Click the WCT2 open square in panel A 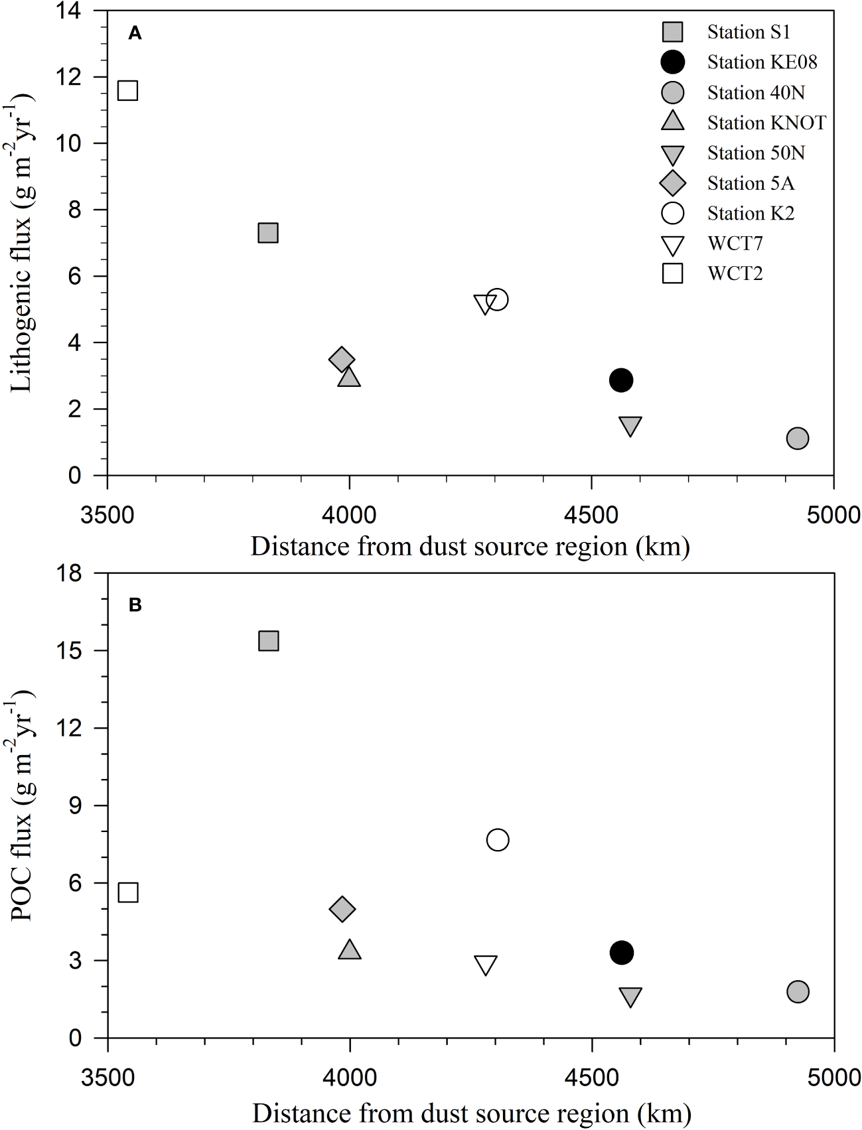coord(127,90)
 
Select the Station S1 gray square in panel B coord(268,640)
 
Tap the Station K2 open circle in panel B coord(498,840)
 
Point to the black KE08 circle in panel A coord(620,380)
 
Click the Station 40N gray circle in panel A coord(797,438)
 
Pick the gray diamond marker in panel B coord(342,909)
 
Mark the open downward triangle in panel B coord(486,965)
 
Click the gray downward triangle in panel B coord(630,996)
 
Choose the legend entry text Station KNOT coord(766,123)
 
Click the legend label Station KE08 coord(762,62)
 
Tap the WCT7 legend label coord(735,244)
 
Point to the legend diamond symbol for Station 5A coord(673,183)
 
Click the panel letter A coord(135,33)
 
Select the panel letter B coord(135,605)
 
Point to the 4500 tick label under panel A coord(591,515)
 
